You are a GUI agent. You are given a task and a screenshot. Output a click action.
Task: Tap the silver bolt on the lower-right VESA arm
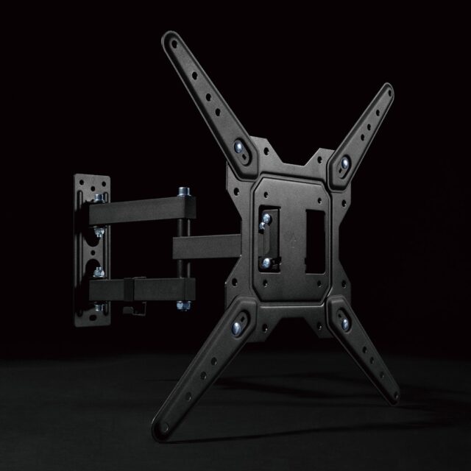coord(343,319)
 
